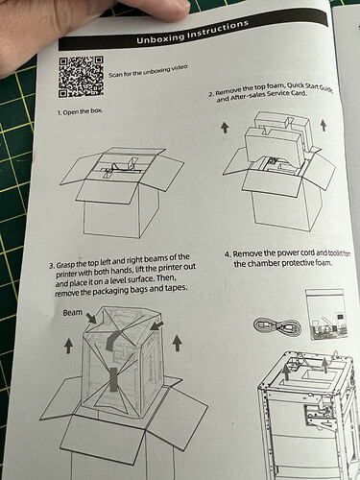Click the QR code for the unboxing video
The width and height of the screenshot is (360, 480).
(82, 77)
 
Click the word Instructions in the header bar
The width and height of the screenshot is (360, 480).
(218, 29)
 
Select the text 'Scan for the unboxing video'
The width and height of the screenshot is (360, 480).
(148, 71)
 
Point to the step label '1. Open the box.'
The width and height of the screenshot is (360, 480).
(80, 112)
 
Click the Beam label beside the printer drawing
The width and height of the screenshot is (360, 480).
(72, 312)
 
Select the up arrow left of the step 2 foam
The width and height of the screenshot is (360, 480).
(226, 128)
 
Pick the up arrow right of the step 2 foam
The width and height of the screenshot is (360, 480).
(324, 125)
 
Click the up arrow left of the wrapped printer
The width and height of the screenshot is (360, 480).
(68, 347)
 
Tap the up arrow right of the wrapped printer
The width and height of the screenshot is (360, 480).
(177, 343)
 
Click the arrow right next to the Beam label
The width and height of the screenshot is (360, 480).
(91, 318)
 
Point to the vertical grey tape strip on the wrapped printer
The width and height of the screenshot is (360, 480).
(113, 380)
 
